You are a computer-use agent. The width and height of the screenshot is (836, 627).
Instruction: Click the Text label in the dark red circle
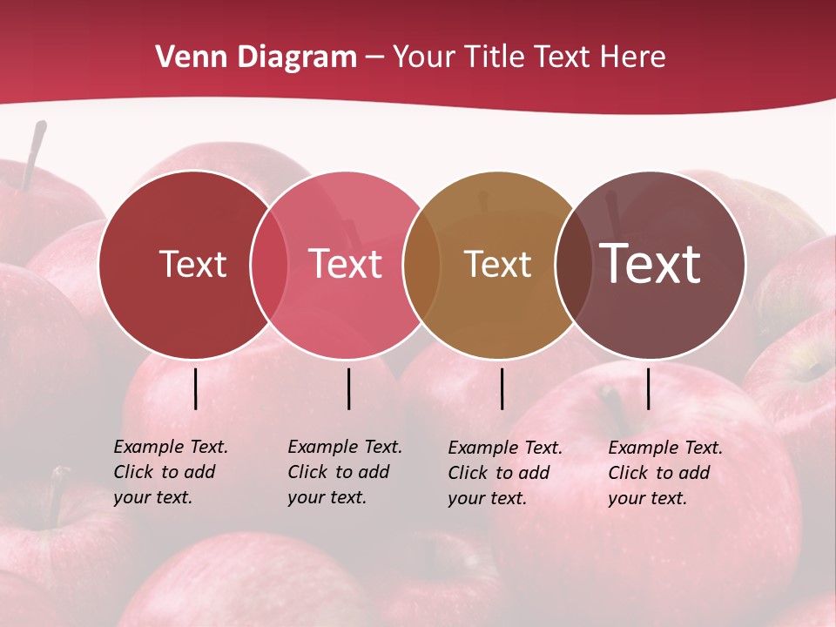tap(192, 264)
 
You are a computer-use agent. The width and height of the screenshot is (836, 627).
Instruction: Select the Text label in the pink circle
tap(346, 264)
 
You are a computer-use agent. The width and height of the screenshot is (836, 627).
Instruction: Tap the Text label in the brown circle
tap(497, 264)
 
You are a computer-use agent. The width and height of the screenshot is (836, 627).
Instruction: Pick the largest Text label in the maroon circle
tap(650, 263)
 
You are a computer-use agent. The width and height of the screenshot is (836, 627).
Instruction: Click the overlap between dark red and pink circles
tap(269, 264)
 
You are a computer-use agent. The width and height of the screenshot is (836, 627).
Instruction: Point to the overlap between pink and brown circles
tap(421, 264)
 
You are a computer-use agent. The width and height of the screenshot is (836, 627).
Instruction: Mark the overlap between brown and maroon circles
tap(573, 264)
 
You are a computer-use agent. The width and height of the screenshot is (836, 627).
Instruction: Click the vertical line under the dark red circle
tap(195, 388)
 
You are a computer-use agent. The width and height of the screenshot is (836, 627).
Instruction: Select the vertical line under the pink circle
tap(348, 388)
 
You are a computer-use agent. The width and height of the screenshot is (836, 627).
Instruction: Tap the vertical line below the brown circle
tap(502, 388)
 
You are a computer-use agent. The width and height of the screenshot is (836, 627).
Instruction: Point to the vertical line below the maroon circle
tap(648, 388)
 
